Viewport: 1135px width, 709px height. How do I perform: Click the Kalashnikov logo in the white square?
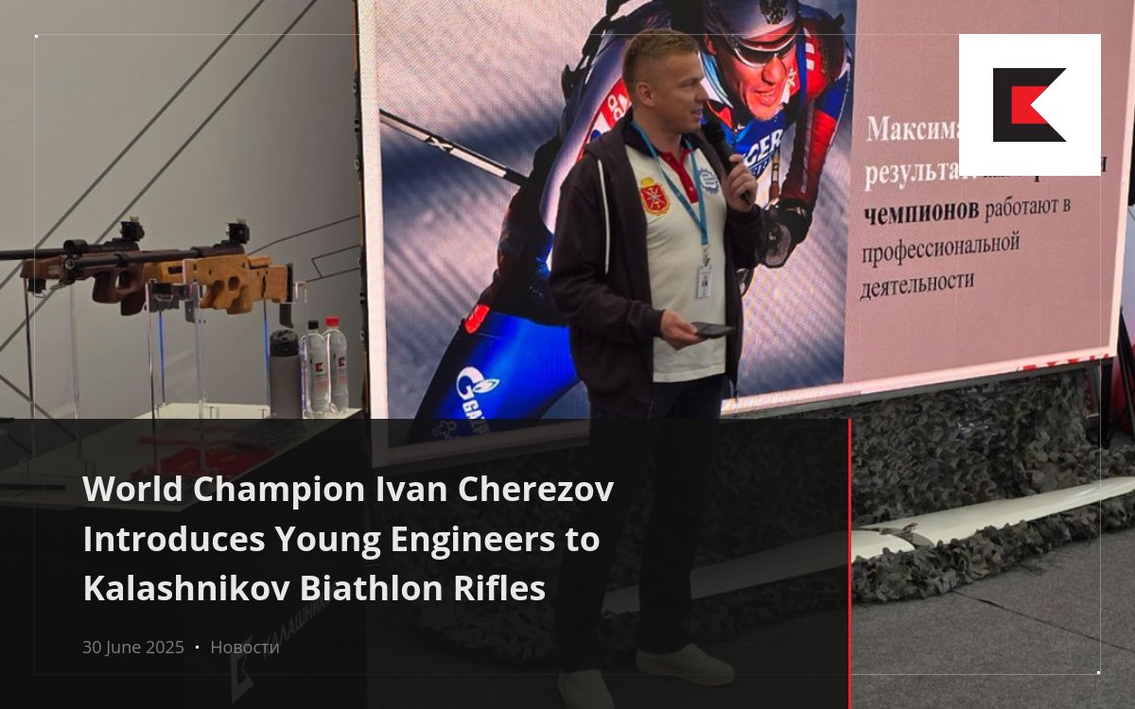(1029, 105)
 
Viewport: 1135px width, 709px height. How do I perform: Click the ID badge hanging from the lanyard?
(704, 281)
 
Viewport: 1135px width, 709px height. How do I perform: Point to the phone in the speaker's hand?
(711, 329)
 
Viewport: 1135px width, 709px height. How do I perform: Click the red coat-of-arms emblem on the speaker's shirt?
(654, 196)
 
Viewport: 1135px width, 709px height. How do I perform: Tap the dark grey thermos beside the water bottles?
(284, 372)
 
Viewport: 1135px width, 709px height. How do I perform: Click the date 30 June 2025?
(132, 648)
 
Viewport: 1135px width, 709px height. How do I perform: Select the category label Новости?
(245, 648)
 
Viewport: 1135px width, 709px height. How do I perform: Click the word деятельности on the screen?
(917, 282)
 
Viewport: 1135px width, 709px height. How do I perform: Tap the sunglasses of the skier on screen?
(764, 47)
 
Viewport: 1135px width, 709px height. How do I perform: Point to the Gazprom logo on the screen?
(477, 388)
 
